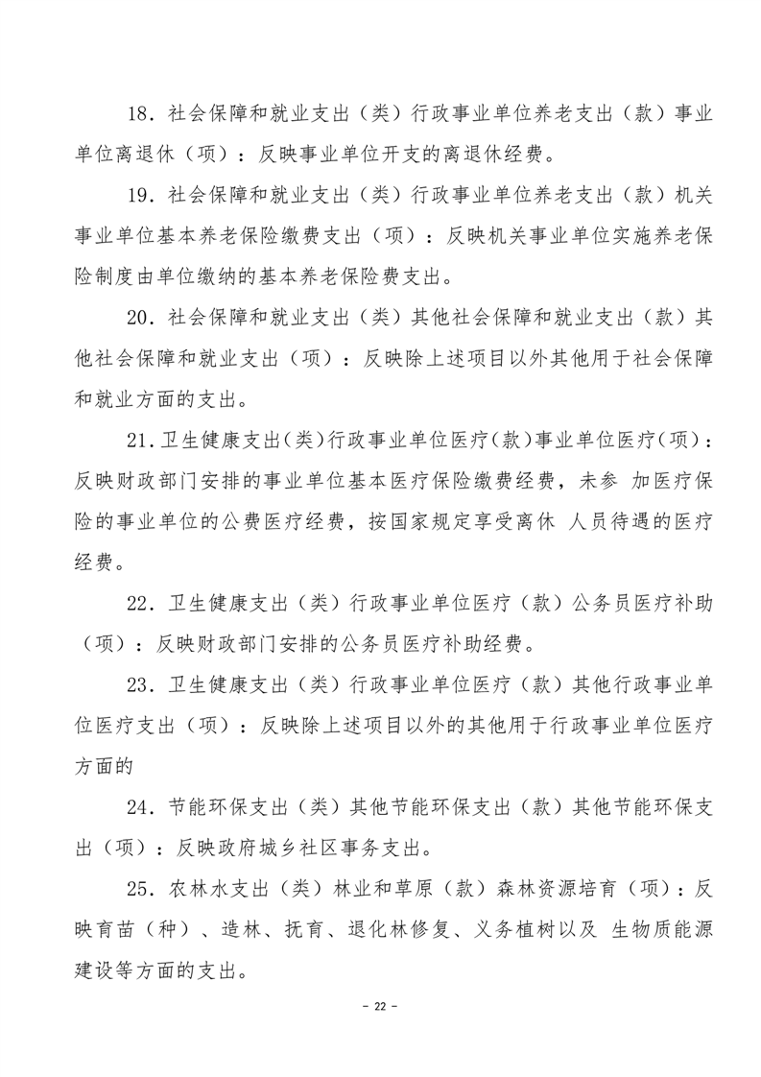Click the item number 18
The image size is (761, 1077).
140,113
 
